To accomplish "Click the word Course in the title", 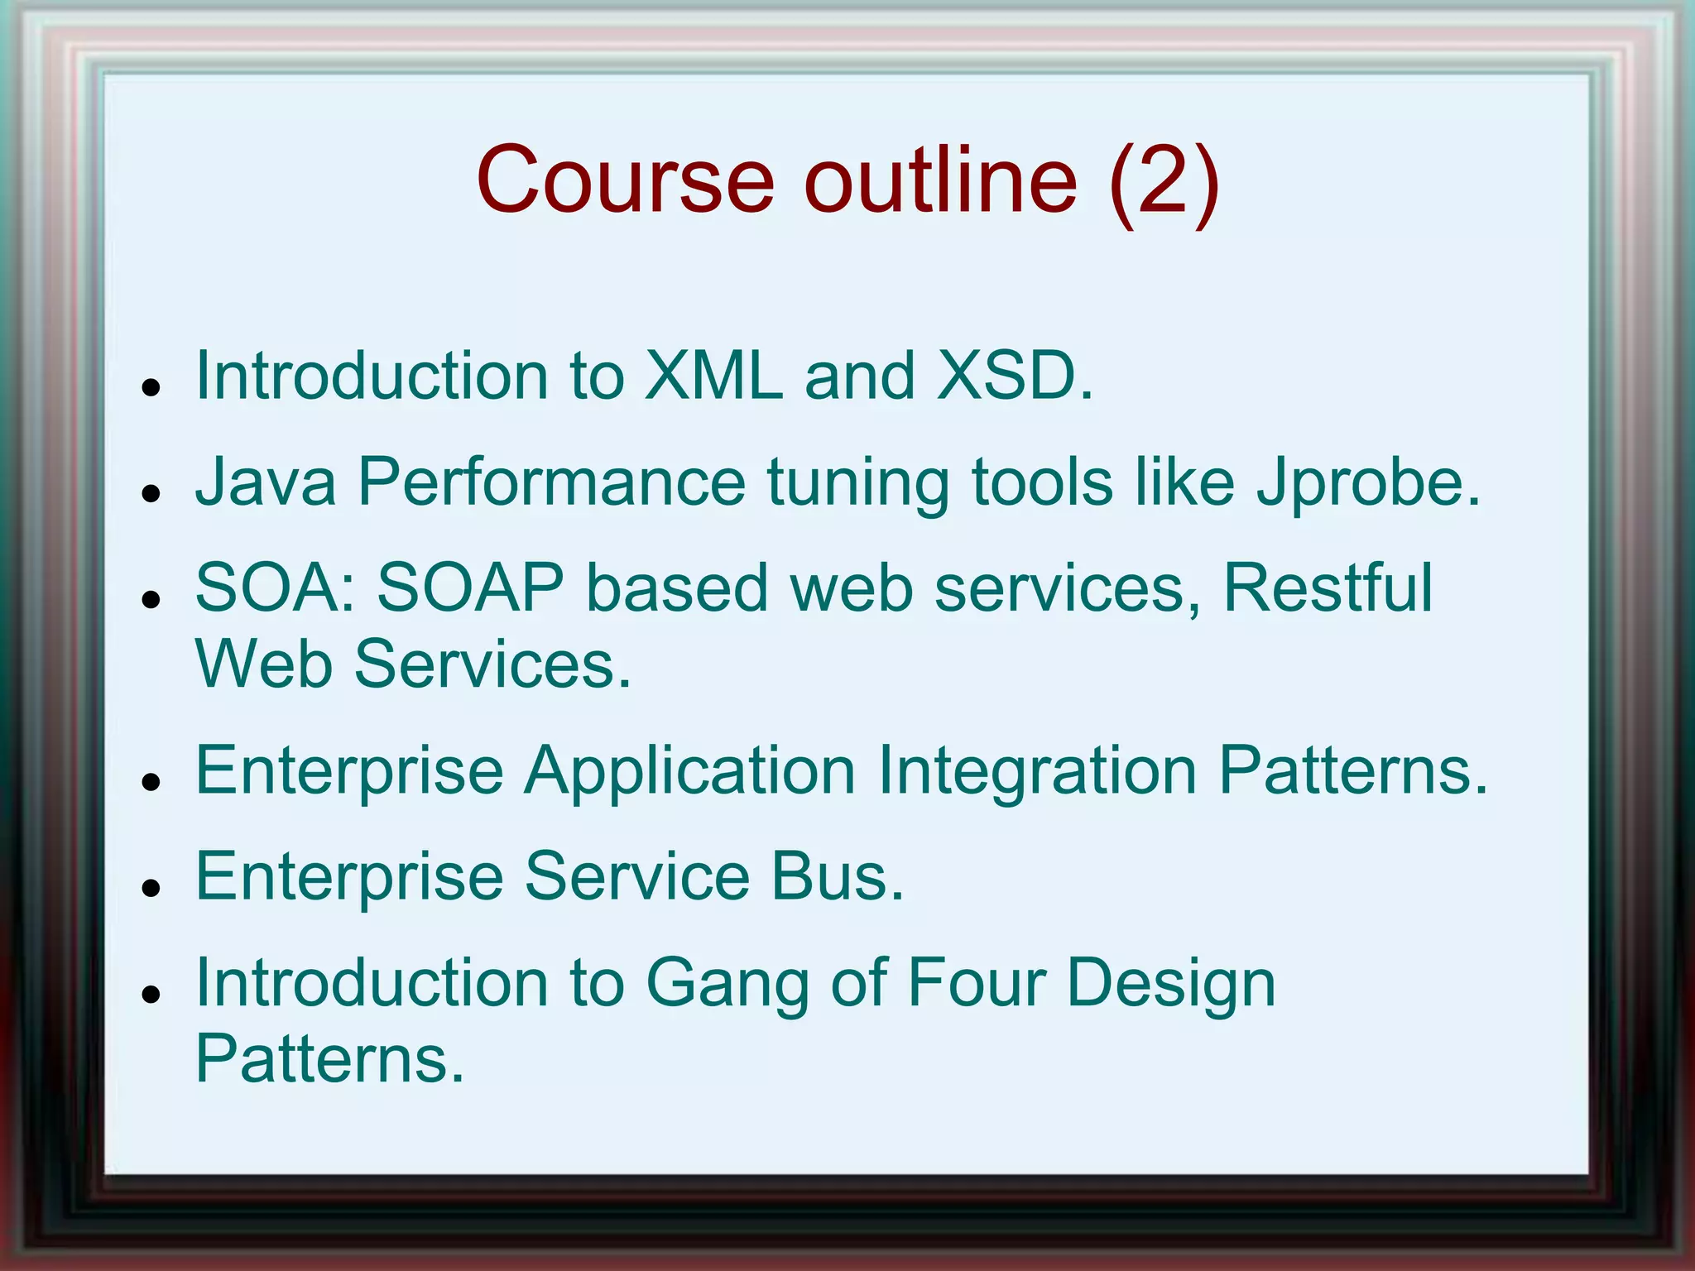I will (625, 180).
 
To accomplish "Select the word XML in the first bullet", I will (713, 377).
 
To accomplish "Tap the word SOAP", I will (470, 588).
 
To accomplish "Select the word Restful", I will (1328, 588).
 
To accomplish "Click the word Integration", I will (1037, 772).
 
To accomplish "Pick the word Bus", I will (838, 877).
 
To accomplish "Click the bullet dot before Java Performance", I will (150, 493).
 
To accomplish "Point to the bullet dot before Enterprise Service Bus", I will (150, 888).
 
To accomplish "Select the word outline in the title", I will (942, 180).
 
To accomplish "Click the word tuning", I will (858, 484).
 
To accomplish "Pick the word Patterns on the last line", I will (329, 1059).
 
